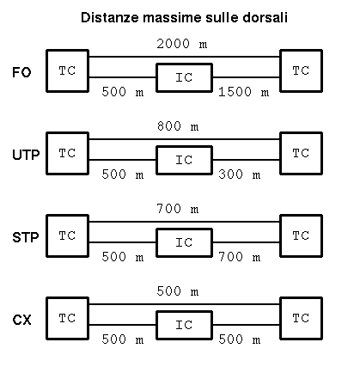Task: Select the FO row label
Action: (x=21, y=72)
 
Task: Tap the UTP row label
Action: (x=26, y=155)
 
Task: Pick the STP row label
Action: (x=26, y=237)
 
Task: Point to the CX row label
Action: (x=21, y=320)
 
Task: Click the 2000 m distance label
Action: (x=182, y=44)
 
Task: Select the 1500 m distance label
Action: (x=244, y=92)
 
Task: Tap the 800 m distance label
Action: (x=178, y=126)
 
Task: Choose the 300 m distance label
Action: (x=240, y=174)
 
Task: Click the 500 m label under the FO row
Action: (x=123, y=92)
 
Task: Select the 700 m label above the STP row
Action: (x=178, y=209)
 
